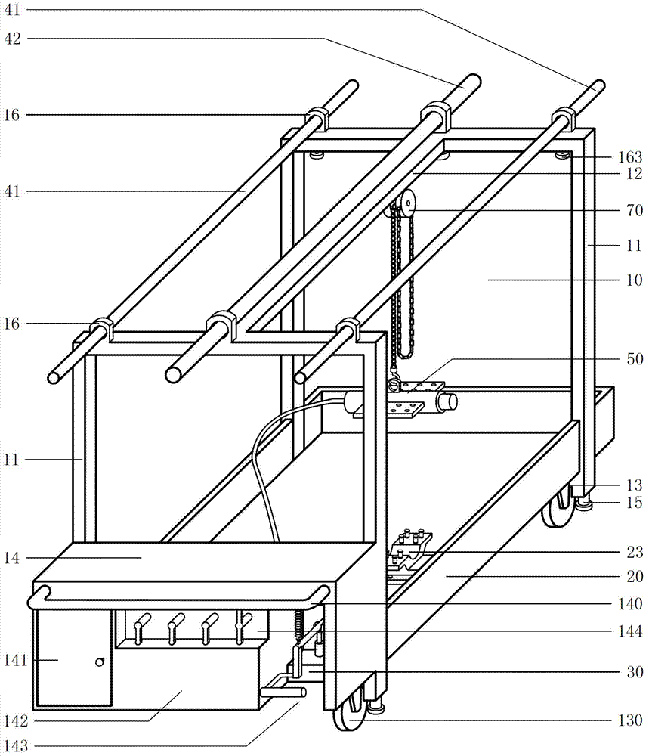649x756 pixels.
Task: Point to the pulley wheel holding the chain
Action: tap(407, 203)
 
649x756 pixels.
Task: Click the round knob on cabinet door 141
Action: tap(98, 661)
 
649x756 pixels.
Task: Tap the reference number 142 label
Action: tap(16, 720)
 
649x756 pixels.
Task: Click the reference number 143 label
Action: tap(16, 746)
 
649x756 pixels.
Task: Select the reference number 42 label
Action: tap(16, 39)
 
